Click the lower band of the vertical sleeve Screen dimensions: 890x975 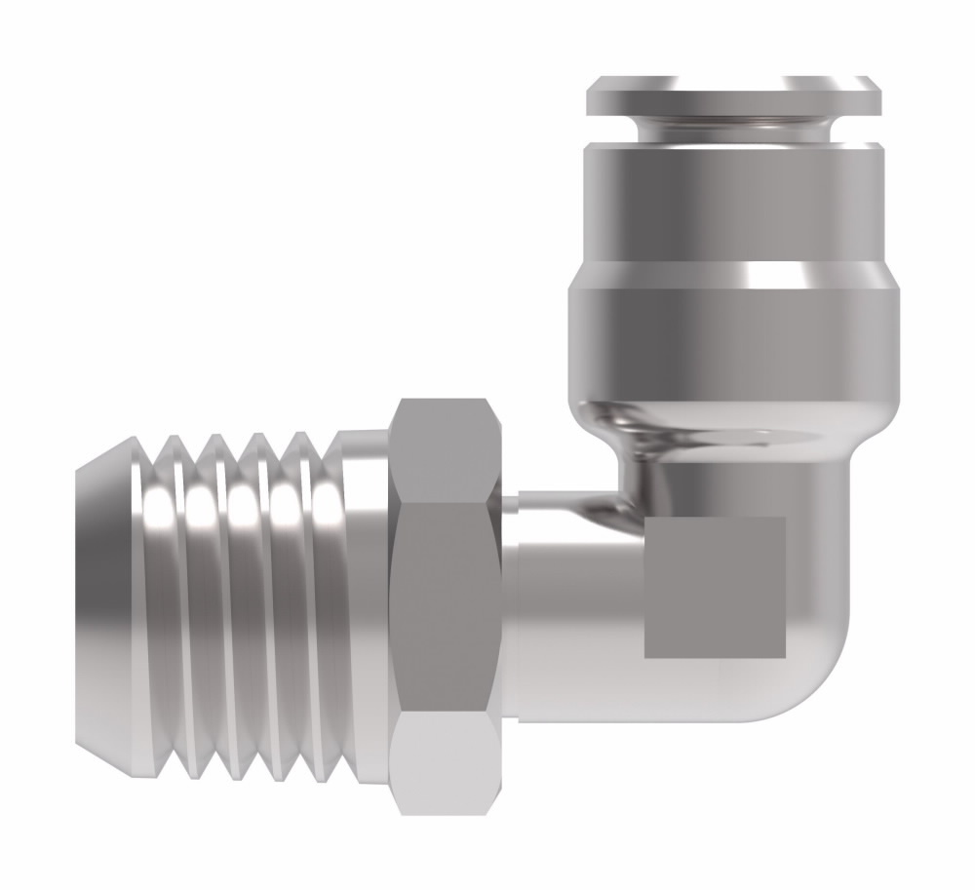click(x=733, y=336)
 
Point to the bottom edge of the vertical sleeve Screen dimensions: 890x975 click(x=733, y=395)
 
